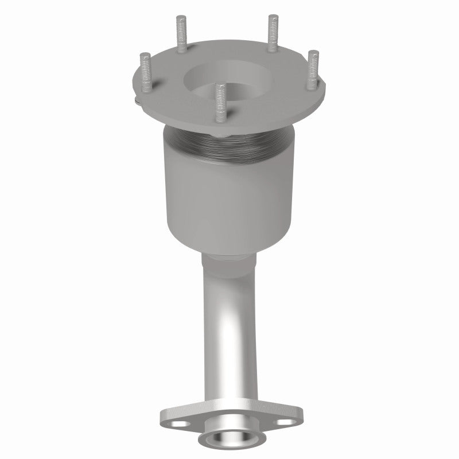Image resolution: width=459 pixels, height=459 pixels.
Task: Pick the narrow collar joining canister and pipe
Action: pyautogui.click(x=228, y=262)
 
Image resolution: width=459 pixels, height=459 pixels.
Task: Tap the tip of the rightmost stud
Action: pyautogui.click(x=313, y=54)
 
